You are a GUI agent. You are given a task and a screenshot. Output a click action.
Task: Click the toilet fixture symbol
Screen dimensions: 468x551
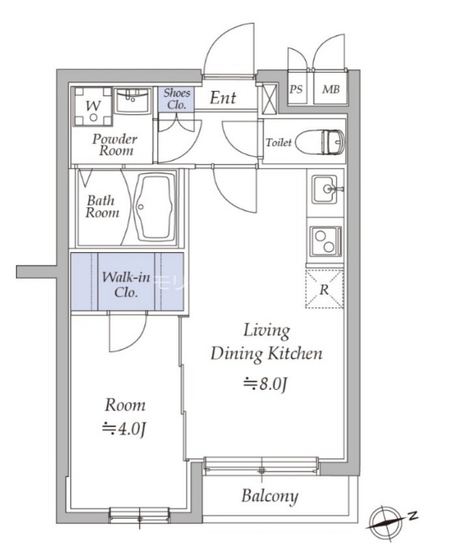pyautogui.click(x=320, y=142)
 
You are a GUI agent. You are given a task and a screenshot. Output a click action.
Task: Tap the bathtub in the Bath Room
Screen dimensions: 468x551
pyautogui.click(x=156, y=207)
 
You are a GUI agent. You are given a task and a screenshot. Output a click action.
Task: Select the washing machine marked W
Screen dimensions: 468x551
pyautogui.click(x=93, y=106)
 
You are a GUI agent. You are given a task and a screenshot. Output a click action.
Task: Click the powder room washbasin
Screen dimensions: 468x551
pyautogui.click(x=133, y=101)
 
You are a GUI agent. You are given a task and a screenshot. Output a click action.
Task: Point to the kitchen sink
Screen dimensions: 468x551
pyautogui.click(x=325, y=189)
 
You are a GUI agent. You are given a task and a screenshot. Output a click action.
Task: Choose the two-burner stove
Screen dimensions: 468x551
pyautogui.click(x=325, y=241)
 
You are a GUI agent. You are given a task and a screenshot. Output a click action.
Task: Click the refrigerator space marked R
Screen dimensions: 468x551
pyautogui.click(x=324, y=289)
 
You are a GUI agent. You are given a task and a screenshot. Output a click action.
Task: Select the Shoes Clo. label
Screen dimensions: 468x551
pyautogui.click(x=177, y=99)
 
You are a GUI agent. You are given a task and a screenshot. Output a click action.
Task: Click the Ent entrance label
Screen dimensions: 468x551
pyautogui.click(x=222, y=98)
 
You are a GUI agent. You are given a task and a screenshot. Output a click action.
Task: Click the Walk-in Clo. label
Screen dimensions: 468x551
pyautogui.click(x=126, y=285)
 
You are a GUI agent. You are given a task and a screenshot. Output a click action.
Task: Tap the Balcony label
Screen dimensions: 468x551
pyautogui.click(x=270, y=497)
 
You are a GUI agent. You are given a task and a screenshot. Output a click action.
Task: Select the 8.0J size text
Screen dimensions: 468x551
pyautogui.click(x=266, y=384)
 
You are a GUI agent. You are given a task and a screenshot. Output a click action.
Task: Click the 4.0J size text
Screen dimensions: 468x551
pyautogui.click(x=124, y=429)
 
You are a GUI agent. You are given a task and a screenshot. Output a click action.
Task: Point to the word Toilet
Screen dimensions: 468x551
pyautogui.click(x=279, y=142)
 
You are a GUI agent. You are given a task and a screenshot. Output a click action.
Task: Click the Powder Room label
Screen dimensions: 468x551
pyautogui.click(x=114, y=145)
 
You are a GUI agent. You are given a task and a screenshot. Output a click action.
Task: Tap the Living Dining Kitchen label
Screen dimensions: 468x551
pyautogui.click(x=266, y=342)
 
